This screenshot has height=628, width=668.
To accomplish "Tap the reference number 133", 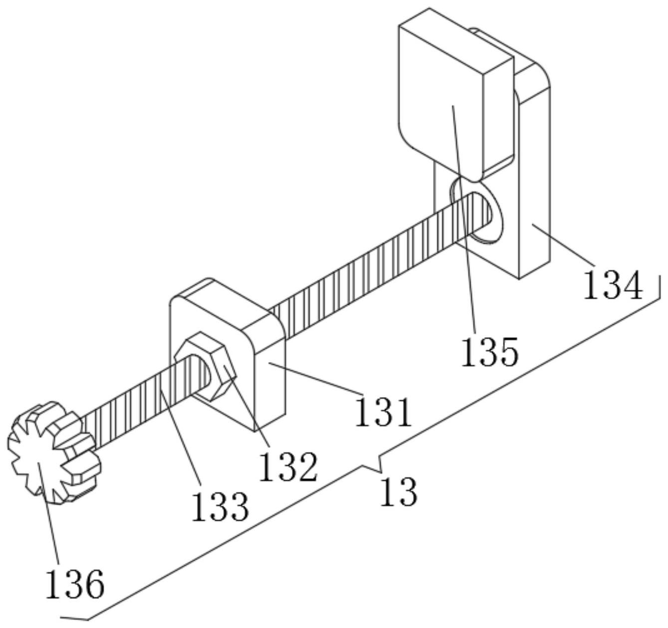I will click(220, 507).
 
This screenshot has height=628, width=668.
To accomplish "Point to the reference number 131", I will click(384, 412).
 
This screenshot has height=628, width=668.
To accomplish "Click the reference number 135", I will click(489, 351).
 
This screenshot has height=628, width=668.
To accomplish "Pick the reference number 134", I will click(613, 286).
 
